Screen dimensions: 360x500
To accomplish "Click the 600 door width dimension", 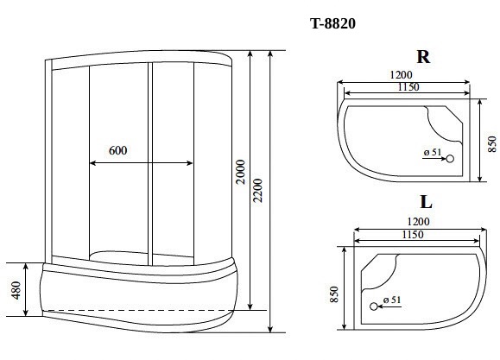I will click(x=118, y=150).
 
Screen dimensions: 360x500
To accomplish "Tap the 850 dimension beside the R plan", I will click(x=492, y=141).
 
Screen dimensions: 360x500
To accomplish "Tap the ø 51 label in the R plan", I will click(x=433, y=153).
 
